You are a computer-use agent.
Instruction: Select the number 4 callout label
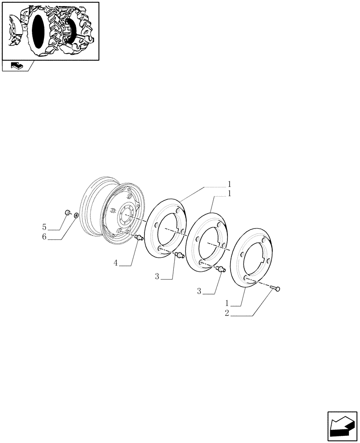(x=116, y=263)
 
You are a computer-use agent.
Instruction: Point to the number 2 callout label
(x=227, y=313)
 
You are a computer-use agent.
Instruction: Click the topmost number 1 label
(x=230, y=183)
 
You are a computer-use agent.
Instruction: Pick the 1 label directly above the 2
(x=227, y=303)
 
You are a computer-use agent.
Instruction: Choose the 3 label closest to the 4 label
(x=157, y=276)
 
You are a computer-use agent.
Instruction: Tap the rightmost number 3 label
(x=199, y=291)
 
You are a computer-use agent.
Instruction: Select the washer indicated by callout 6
(x=76, y=215)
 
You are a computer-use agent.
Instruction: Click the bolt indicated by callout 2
(x=274, y=289)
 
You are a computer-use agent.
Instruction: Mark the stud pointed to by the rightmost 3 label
(x=221, y=269)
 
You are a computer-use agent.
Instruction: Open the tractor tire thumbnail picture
(x=50, y=31)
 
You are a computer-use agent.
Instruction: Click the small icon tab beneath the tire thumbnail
(x=16, y=66)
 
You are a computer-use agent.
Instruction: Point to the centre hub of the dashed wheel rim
(x=125, y=217)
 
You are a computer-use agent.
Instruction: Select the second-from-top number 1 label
(x=230, y=194)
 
